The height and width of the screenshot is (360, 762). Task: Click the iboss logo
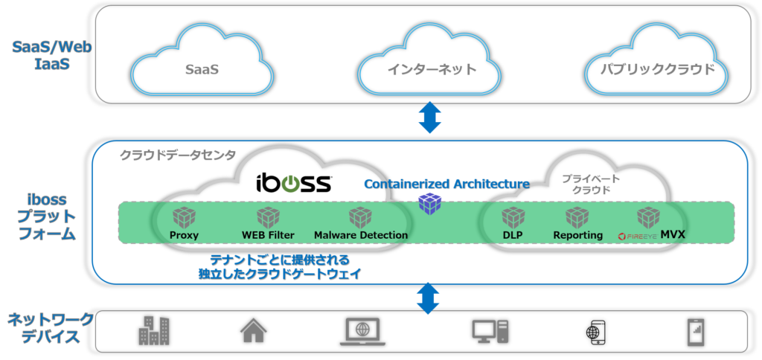point(295,184)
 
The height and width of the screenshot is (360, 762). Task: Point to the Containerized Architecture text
point(446,184)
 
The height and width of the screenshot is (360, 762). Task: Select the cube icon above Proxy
point(184,218)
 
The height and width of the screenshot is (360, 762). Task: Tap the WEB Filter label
point(268,235)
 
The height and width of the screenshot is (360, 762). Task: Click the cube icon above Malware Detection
point(360,218)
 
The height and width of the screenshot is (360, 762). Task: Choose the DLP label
point(512,235)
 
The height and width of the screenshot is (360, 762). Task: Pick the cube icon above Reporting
point(577,218)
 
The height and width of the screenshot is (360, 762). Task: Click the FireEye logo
point(638,236)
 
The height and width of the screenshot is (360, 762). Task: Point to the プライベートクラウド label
point(591,184)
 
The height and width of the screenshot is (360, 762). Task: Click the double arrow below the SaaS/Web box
point(429,117)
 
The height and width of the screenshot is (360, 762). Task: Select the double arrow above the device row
point(429,298)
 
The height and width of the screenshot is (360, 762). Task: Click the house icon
point(253,330)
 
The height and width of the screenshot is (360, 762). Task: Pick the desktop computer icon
point(490,331)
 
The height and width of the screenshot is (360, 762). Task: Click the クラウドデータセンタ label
point(178,155)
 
